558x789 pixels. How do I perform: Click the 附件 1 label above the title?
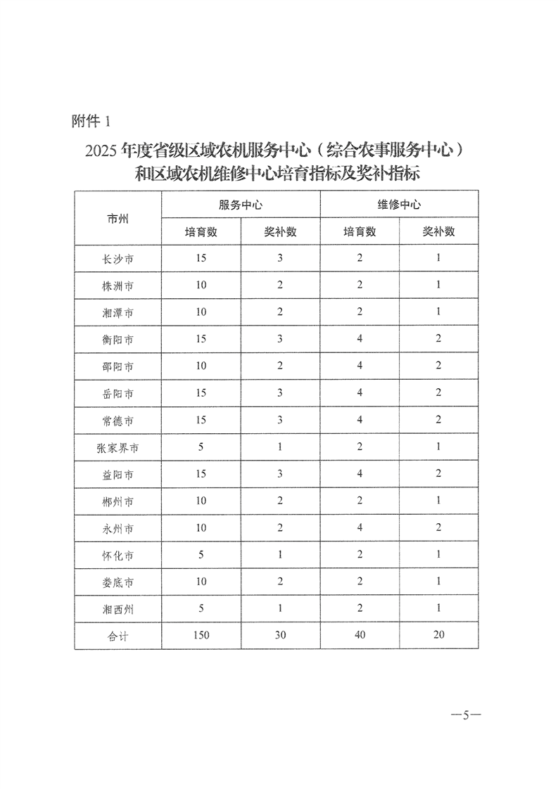pos(91,121)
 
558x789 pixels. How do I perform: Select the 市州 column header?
pos(118,218)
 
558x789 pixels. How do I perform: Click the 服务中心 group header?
pos(241,205)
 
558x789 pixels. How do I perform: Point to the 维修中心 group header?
pos(399,205)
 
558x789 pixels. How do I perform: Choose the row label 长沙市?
pos(118,259)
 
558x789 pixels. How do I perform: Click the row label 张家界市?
pos(118,448)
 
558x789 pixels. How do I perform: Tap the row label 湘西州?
pos(118,609)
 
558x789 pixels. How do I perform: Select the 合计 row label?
pos(118,636)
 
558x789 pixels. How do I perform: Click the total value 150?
pos(201,636)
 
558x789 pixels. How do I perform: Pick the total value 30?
pos(280,636)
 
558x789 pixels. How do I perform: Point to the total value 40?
pos(360,636)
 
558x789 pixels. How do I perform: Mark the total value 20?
pos(438,636)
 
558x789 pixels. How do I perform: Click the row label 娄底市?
pos(118,582)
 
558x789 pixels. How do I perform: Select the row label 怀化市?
pos(118,556)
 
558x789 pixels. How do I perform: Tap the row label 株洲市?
pos(118,286)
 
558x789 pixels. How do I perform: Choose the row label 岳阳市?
pos(118,393)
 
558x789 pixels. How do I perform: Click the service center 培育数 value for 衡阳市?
pos(201,340)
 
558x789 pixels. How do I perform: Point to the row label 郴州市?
pos(118,501)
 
